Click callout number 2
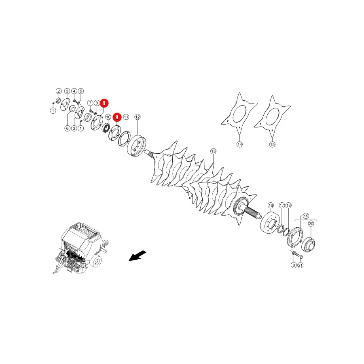pos(59,91)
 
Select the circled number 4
pos(74,91)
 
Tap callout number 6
pos(67,128)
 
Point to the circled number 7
pos(90,103)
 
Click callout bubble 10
pos(108,117)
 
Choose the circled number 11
pos(126,117)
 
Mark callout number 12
pos(138,117)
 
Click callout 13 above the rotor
pos(213,151)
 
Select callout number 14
pos(239,144)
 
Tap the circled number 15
pos(272,144)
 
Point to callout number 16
pos(271,205)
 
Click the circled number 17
pos(282,205)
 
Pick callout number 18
pos(288,205)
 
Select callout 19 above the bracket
pos(306,216)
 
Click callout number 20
pos(311,224)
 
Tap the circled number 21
pos(301,265)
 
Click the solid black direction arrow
pos(138,256)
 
